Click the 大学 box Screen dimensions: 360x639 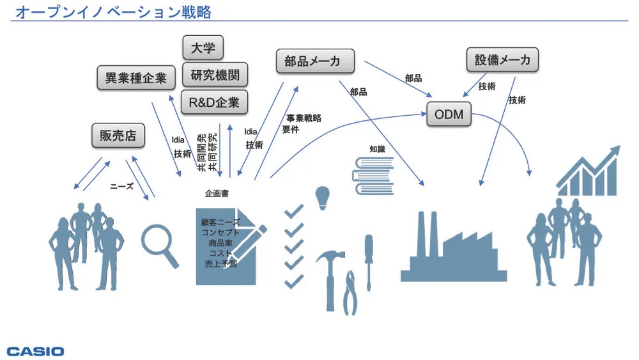203,48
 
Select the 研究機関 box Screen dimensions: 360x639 215,75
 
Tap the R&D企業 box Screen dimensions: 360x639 214,102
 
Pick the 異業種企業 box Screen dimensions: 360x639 135,78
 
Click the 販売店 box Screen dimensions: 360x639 118,136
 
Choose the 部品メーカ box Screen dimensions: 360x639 316,61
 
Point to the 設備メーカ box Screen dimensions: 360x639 502,60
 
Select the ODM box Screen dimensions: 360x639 449,116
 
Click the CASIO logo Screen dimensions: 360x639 36,351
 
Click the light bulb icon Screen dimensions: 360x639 324,197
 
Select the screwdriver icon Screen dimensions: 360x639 368,259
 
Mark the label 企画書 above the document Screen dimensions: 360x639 217,193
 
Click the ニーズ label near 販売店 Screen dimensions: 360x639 121,187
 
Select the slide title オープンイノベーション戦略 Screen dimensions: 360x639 112,12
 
